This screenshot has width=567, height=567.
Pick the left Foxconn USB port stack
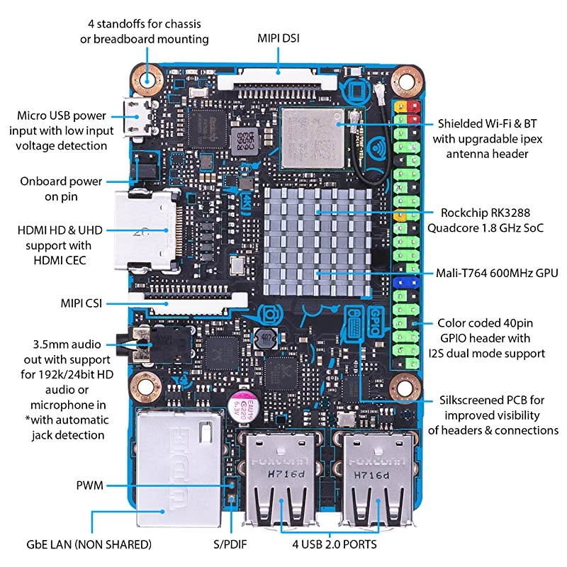pyautogui.click(x=282, y=478)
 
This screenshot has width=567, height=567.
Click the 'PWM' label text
pyautogui.click(x=89, y=485)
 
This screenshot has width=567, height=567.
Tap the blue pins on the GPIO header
pyautogui.click(x=405, y=282)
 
